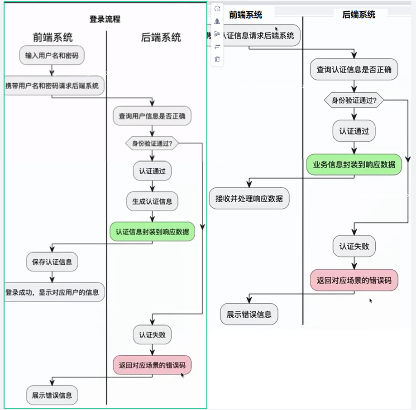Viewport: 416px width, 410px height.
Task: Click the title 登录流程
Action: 105,19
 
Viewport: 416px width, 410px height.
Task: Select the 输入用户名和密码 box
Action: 52,56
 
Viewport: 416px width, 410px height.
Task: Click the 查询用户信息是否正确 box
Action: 152,116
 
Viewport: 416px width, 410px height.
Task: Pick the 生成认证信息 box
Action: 152,201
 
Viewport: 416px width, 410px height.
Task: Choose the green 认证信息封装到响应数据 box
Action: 152,232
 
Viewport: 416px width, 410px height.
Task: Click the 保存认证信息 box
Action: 52,262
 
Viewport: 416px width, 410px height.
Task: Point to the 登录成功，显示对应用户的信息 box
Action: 53,292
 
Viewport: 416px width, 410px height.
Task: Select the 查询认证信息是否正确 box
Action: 354,70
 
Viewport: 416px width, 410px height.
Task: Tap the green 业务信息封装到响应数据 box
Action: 354,164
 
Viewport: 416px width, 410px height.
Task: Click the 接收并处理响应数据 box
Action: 249,198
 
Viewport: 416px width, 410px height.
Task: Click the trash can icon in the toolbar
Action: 217,59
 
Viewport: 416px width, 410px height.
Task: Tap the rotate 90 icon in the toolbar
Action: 217,9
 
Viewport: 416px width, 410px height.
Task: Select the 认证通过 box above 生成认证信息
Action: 152,172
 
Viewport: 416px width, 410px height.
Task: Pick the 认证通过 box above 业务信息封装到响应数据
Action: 354,131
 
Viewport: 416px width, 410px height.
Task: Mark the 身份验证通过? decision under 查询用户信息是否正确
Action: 152,144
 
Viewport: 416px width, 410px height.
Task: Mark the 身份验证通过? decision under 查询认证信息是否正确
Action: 354,100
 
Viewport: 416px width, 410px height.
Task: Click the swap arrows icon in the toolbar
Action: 217,47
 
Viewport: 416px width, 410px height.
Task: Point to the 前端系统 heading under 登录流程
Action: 53,37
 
